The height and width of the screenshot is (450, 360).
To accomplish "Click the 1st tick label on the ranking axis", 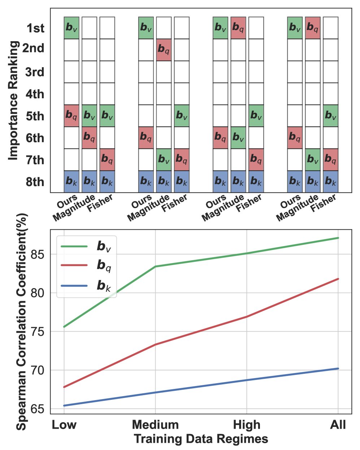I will click(35, 28).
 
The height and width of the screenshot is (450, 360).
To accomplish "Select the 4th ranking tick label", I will click(35, 94).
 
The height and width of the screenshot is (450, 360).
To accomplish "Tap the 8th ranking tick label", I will click(35, 182).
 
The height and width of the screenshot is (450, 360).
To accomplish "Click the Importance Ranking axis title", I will click(13, 100).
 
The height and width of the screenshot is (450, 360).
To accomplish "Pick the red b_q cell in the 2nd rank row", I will click(164, 49).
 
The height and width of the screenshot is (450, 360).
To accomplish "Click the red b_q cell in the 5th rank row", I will click(71, 116).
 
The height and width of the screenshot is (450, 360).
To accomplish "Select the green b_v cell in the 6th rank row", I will click(238, 138).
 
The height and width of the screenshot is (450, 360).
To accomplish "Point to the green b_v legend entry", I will click(87, 247).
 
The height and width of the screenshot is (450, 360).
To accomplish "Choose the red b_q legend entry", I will click(87, 265).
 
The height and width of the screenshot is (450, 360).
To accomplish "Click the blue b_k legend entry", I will click(87, 286).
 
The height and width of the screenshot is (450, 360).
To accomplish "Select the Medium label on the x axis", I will click(155, 425).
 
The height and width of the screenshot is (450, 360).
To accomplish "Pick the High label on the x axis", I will click(247, 425).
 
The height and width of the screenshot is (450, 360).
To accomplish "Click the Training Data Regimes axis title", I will click(201, 439).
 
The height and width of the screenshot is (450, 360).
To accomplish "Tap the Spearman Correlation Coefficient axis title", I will click(22, 321).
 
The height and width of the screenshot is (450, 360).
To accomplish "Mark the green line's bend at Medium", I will click(155, 267).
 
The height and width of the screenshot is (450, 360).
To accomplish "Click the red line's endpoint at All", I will click(338, 279).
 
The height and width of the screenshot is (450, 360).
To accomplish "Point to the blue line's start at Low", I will click(64, 406).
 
